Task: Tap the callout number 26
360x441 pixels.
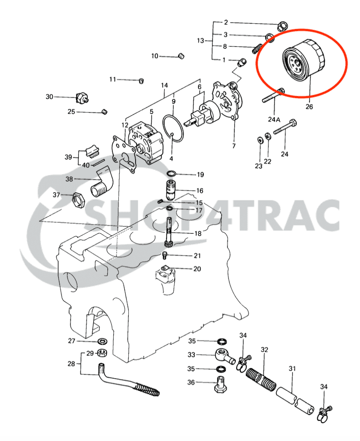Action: pos(309,108)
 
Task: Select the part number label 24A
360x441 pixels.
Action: pos(274,119)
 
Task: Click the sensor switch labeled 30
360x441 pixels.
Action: pos(82,97)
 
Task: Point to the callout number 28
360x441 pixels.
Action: pos(71,364)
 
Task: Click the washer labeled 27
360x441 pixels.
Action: pos(103,341)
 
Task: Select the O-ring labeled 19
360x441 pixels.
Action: pos(172,174)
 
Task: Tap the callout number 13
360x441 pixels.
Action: pos(201,41)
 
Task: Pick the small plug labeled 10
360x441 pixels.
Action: pos(180,56)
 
